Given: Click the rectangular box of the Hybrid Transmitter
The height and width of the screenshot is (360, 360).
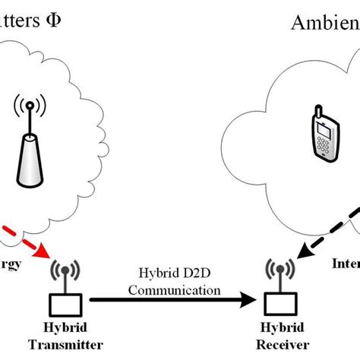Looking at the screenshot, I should (x=65, y=305).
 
